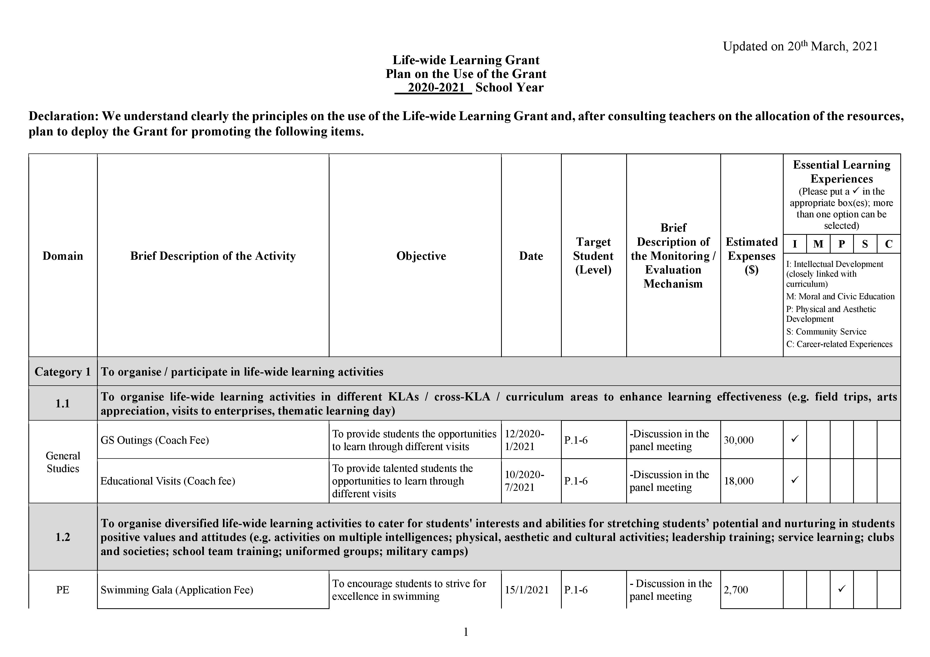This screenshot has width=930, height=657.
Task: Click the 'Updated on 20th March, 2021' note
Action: click(800, 47)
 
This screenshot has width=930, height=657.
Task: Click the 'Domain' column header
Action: click(63, 256)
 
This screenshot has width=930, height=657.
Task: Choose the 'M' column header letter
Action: click(818, 244)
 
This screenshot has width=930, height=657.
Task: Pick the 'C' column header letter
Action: click(889, 244)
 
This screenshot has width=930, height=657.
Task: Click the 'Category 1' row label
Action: click(63, 372)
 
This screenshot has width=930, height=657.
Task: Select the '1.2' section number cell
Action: click(63, 537)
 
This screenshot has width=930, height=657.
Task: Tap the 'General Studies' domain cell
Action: click(63, 462)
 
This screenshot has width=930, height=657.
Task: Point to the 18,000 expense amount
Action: click(738, 481)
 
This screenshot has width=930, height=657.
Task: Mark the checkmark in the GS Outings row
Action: click(795, 439)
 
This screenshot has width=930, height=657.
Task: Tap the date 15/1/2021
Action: click(527, 590)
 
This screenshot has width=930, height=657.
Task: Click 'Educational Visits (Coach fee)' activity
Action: click(168, 481)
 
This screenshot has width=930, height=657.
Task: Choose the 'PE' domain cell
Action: click(63, 590)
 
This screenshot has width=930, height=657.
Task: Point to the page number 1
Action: click(466, 632)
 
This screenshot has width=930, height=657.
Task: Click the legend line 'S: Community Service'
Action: click(826, 332)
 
